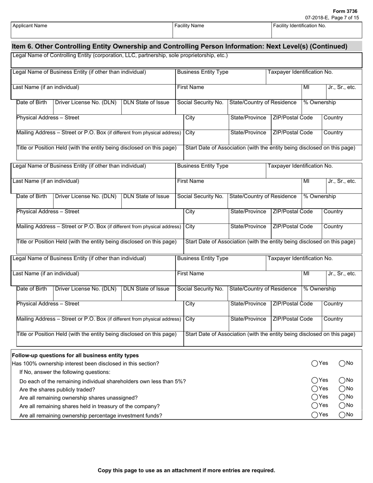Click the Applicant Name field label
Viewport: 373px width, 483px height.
[30, 26]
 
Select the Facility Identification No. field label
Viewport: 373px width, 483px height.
[300, 26]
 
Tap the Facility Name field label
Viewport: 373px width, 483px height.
[189, 26]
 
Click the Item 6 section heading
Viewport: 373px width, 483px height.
[179, 46]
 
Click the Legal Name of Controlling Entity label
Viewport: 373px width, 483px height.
[120, 55]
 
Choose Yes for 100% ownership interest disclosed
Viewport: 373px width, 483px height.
[315, 364]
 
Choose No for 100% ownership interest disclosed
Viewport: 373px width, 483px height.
[342, 364]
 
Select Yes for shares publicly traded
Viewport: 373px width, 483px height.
[315, 389]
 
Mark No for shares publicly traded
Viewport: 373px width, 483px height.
[342, 389]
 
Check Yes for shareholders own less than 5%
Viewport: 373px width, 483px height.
[315, 380]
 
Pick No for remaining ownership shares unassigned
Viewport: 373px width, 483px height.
[342, 397]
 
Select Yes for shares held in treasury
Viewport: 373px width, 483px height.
[315, 406]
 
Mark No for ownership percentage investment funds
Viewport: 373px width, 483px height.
[342, 415]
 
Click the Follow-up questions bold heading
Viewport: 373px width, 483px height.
[75, 355]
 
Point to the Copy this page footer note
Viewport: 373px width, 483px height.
[186, 470]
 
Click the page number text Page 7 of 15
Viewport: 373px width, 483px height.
[345, 18]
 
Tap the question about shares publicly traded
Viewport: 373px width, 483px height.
[57, 390]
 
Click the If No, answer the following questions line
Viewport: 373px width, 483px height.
[65, 372]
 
